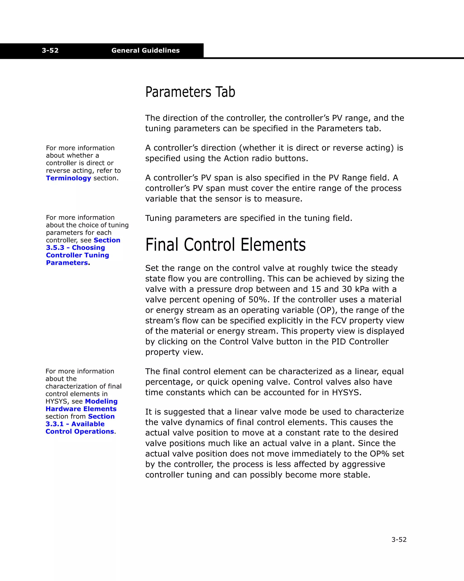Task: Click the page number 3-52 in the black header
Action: click(50, 50)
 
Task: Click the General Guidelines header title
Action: click(145, 50)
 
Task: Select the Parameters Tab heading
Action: click(190, 92)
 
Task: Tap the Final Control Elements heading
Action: click(225, 245)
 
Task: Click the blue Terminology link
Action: click(68, 178)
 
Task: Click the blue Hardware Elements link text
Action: click(81, 409)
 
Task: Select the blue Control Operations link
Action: click(80, 431)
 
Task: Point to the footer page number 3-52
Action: click(399, 540)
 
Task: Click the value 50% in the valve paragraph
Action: click(258, 300)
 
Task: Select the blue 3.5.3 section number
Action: click(55, 248)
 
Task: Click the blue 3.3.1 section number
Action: click(54, 424)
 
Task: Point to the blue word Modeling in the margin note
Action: click(101, 401)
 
